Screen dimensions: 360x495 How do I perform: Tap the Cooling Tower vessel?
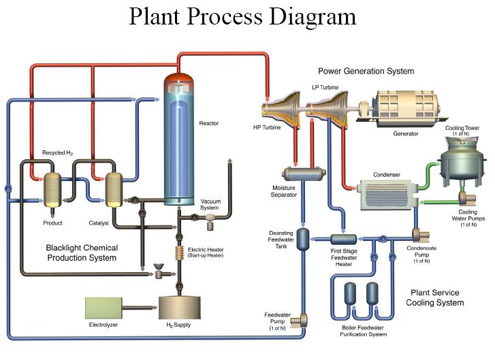pos(462,159)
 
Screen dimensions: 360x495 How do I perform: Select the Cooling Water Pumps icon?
pos(469,199)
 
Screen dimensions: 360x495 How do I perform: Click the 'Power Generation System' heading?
pos(366,71)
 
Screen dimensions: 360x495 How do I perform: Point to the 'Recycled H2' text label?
pos(57,153)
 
